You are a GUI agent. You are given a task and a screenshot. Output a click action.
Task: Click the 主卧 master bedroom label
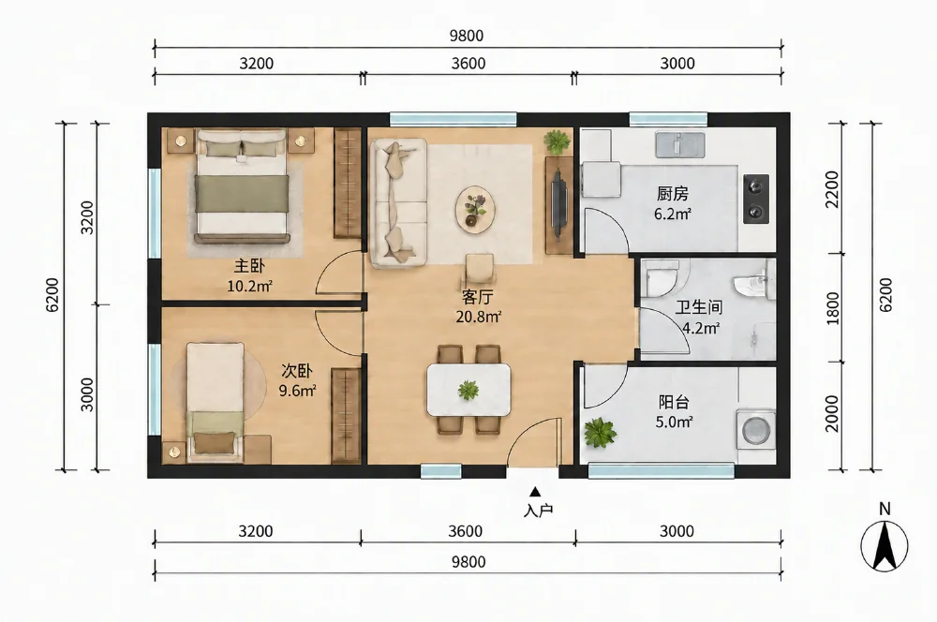248,266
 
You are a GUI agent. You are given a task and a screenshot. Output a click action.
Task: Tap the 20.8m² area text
478,317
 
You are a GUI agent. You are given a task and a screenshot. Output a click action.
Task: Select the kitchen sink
680,144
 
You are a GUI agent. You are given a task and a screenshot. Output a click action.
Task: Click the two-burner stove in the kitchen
756,199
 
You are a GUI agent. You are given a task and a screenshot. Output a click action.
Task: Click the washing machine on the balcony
755,429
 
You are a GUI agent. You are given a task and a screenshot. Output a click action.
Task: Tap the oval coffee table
475,208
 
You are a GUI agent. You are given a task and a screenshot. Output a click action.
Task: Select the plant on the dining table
468,391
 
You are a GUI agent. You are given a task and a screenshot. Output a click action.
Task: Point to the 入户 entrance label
538,511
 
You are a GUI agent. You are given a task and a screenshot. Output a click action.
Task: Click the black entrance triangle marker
535,492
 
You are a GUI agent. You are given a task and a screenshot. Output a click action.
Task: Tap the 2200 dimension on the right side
832,189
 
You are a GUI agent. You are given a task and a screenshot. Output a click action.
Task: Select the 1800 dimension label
832,308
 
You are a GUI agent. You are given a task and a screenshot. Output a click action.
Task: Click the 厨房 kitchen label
672,194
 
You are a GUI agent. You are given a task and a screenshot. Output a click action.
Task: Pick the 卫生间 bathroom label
699,307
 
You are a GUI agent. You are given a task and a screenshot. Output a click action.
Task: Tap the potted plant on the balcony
600,433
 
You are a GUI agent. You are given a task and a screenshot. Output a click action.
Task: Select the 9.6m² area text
298,392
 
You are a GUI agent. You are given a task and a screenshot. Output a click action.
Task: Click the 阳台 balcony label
674,402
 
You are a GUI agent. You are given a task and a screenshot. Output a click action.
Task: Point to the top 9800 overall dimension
467,36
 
